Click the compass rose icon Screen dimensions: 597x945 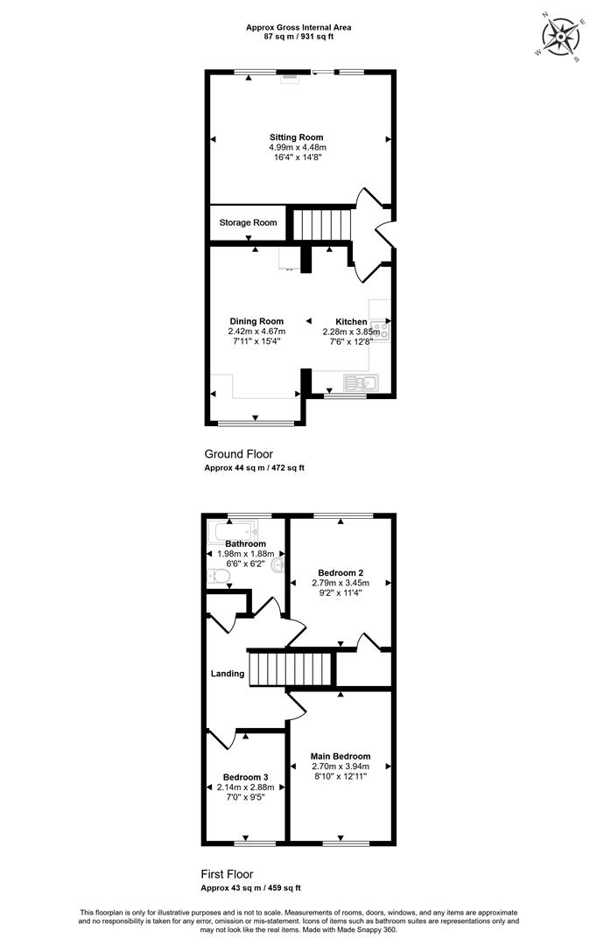coord(560,37)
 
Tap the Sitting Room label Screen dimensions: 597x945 coord(296,137)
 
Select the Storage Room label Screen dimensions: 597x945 coord(248,223)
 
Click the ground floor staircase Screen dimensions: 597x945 coord(321,224)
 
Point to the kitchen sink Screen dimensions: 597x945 coord(361,382)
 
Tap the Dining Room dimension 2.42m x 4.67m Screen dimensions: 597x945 coord(256,332)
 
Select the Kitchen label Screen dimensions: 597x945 coord(351,322)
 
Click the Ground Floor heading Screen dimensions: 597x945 coord(239,454)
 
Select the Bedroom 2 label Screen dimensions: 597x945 coord(341,572)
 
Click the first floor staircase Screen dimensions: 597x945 coord(291,668)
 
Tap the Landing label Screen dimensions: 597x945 coord(228,674)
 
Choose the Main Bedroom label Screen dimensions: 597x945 coord(341,756)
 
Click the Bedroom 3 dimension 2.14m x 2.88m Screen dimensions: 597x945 coord(245,787)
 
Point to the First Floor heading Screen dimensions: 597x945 coord(227,874)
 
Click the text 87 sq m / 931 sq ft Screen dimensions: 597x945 coord(298,36)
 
